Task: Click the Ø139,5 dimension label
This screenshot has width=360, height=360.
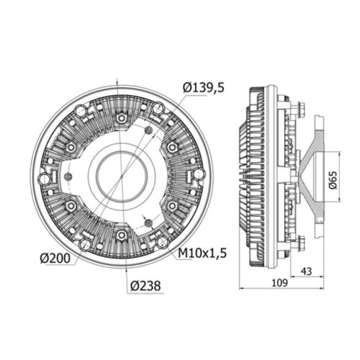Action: (x=204, y=88)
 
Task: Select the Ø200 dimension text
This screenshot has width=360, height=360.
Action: (x=55, y=258)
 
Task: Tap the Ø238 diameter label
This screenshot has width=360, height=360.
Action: (x=145, y=286)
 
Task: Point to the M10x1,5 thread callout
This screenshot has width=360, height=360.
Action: (x=202, y=253)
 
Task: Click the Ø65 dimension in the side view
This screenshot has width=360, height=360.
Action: (x=333, y=180)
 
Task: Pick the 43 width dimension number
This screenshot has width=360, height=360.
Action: (x=307, y=271)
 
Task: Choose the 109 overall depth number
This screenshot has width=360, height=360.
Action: (x=279, y=283)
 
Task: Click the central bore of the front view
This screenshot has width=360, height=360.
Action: (x=122, y=177)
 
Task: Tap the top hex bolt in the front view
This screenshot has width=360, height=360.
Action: (x=122, y=117)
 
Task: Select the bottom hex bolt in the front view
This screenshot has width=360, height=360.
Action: (x=122, y=235)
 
